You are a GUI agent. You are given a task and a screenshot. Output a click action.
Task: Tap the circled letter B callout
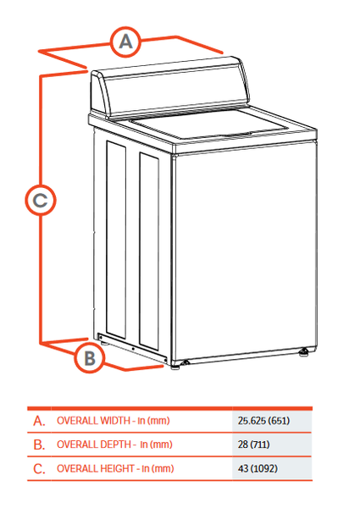89,357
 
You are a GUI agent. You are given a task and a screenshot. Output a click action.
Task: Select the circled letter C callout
40,201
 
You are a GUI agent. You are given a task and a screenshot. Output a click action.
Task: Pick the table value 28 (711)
255,444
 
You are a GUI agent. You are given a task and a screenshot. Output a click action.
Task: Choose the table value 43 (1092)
258,468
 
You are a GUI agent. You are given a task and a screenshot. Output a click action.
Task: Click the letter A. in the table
38,420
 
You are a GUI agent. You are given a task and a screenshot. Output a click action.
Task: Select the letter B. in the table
38,444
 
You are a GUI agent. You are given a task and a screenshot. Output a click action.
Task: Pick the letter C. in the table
38,468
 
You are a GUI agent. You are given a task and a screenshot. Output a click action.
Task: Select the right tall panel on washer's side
151,254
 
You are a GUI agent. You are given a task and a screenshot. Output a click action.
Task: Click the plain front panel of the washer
241,254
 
